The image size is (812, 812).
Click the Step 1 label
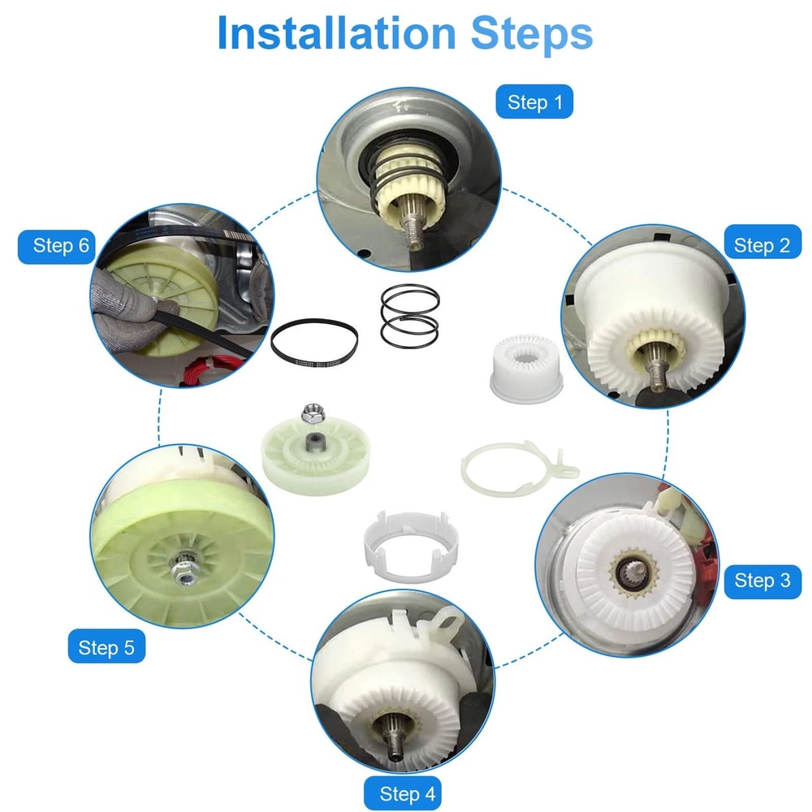(534, 102)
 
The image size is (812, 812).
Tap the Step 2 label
(762, 245)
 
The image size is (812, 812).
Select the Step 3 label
(762, 581)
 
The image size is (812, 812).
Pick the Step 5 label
(106, 647)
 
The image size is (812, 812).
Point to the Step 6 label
(61, 245)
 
